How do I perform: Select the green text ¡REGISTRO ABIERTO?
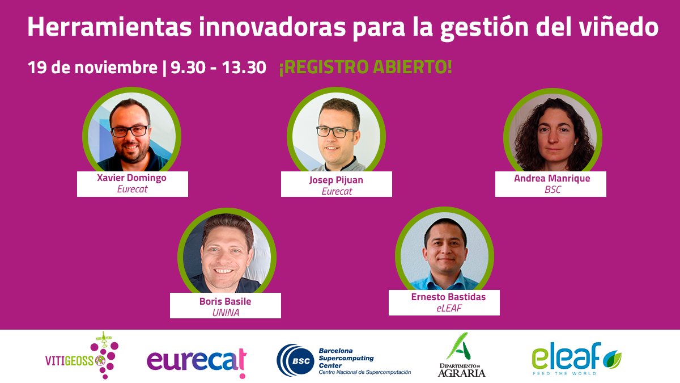pyautogui.click(x=365, y=68)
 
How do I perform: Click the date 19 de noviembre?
pyautogui.click(x=92, y=68)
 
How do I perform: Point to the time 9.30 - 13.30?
pyautogui.click(x=218, y=68)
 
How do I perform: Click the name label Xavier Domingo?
pyautogui.click(x=132, y=178)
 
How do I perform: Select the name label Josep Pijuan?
pyautogui.click(x=337, y=180)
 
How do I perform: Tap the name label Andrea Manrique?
pyautogui.click(x=551, y=178)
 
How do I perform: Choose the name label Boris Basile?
pyautogui.click(x=225, y=301)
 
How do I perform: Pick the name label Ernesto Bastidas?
pyautogui.click(x=444, y=297)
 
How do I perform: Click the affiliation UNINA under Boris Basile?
pyautogui.click(x=225, y=312)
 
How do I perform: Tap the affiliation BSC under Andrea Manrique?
pyautogui.click(x=551, y=190)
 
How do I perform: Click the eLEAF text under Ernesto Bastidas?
pyautogui.click(x=444, y=308)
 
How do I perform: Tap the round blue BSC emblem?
pyautogui.click(x=292, y=360)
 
